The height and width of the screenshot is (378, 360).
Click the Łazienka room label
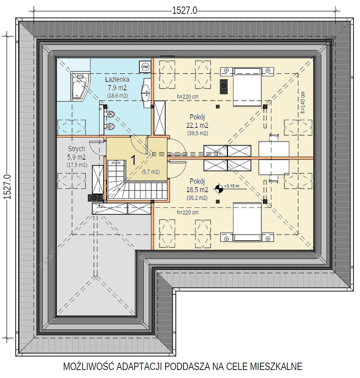[117, 79]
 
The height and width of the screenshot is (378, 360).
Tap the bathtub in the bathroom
[79, 86]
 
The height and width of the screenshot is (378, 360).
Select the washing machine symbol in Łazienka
[145, 66]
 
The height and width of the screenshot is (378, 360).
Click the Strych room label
[77, 149]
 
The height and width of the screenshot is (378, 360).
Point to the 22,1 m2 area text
[197, 125]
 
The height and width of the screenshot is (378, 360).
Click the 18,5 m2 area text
[197, 190]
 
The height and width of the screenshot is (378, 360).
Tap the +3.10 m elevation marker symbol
[219, 189]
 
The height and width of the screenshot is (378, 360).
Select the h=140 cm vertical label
[303, 103]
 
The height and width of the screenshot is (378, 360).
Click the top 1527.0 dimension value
[185, 11]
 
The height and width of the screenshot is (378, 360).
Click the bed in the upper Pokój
[247, 87]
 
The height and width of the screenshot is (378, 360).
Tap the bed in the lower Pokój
[247, 222]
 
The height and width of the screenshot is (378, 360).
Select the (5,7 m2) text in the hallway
[151, 172]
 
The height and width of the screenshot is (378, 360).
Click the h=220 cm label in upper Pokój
[188, 97]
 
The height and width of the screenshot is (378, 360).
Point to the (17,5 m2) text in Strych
[77, 165]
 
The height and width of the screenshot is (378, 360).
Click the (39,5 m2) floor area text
[197, 133]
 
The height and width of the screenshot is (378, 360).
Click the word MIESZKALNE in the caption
[276, 366]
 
